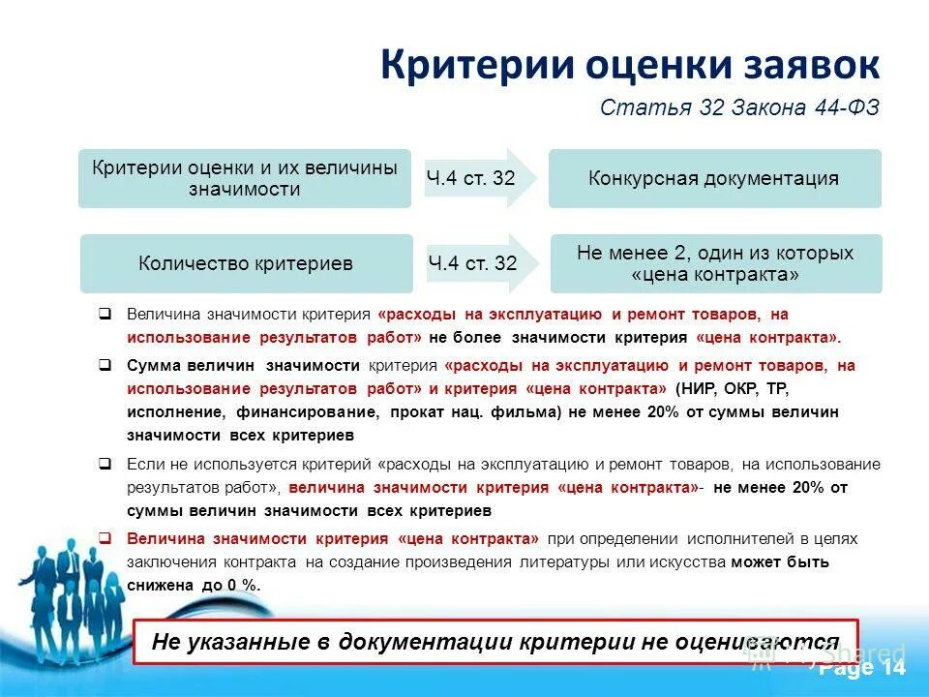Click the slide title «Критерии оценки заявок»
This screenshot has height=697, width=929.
pyautogui.click(x=629, y=65)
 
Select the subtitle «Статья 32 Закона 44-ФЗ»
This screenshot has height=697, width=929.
pyautogui.click(x=739, y=106)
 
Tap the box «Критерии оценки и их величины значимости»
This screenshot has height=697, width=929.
pyautogui.click(x=244, y=178)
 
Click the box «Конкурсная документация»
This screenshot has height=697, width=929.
pyautogui.click(x=714, y=178)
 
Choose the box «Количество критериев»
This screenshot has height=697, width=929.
pyautogui.click(x=246, y=263)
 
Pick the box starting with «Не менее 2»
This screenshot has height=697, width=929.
pyautogui.click(x=715, y=263)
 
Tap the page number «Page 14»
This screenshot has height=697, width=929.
pyautogui.click(x=861, y=669)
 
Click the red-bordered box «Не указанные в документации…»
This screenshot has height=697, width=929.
pyautogui.click(x=494, y=642)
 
